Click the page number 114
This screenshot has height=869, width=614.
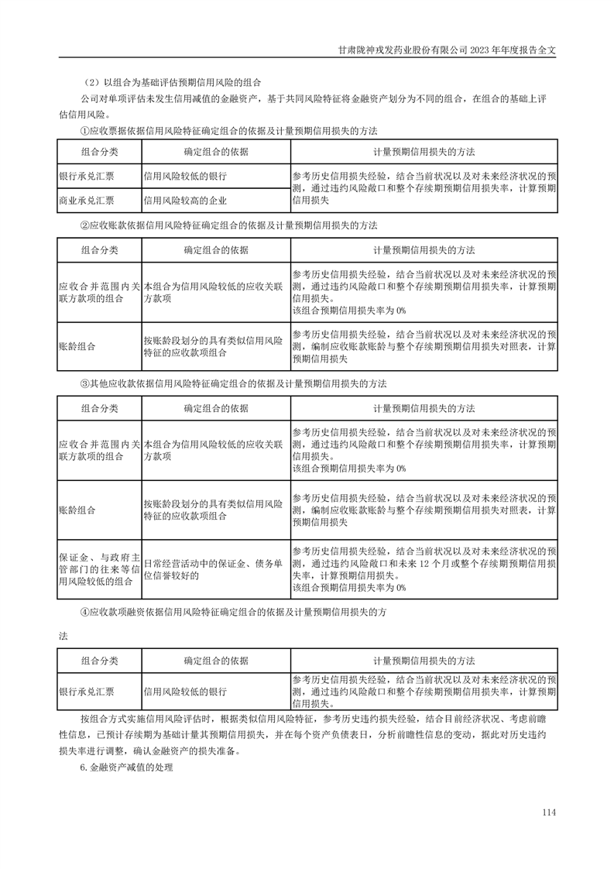(x=550, y=812)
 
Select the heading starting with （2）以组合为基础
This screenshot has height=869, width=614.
(x=175, y=83)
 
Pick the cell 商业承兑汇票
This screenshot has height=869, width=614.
(x=87, y=201)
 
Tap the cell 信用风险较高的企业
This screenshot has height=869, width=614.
(x=184, y=201)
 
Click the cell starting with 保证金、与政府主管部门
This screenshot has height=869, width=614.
(x=99, y=569)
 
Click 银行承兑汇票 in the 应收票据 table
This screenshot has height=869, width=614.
(x=87, y=176)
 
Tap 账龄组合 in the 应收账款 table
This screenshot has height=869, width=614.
(x=77, y=347)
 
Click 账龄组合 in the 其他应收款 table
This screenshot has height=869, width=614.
(x=77, y=510)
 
